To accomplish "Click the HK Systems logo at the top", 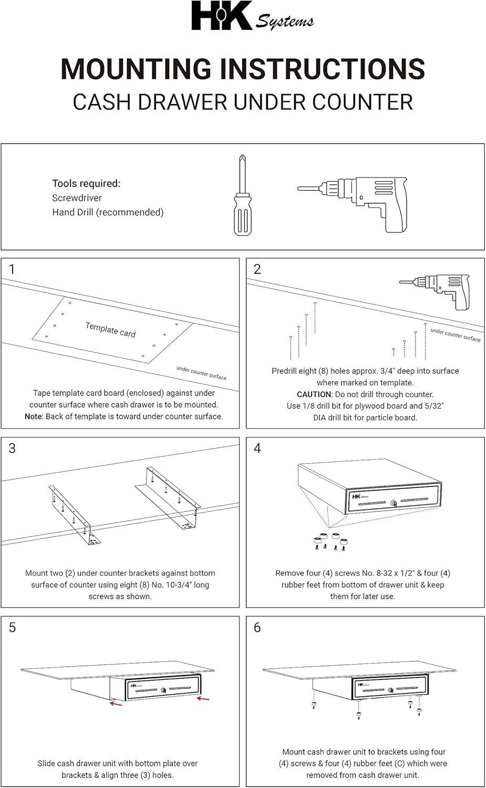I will (252, 17).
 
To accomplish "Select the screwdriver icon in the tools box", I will (242, 195).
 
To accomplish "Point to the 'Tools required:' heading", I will (86, 183).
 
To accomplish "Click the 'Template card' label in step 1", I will (110, 329).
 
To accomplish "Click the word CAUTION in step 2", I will (314, 394).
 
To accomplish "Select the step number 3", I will (12, 448).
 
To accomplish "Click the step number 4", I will (257, 448).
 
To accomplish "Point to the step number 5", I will (12, 627).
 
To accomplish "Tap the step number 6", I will (257, 627).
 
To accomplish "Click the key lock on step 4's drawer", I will (394, 503).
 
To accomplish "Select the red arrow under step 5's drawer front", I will (203, 699).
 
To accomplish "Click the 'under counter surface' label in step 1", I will (201, 373).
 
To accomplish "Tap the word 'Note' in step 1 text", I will (33, 417).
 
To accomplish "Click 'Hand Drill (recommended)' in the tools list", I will (108, 212).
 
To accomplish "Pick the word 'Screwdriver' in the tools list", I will (77, 198).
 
